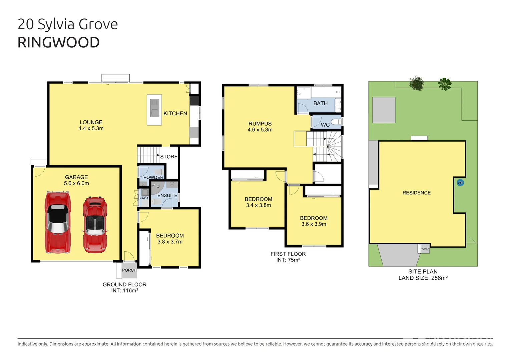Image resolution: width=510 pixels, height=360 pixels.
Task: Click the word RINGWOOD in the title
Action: pos(58,43)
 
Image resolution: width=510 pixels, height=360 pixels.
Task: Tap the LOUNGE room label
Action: pos(91,122)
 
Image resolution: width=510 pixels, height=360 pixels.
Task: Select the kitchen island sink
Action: pos(154,108)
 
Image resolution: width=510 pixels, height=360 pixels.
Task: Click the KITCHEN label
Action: pos(175,114)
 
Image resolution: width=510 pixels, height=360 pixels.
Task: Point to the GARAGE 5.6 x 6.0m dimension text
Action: pos(76,183)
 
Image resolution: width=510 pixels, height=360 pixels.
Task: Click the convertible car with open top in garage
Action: pos(95,225)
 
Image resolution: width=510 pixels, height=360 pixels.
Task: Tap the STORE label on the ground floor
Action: pos(169,157)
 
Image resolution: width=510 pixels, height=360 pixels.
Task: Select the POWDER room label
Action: pos(153,177)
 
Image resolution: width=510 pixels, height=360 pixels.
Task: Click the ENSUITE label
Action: pos(167,195)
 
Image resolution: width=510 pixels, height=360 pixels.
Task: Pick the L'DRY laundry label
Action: pos(144,198)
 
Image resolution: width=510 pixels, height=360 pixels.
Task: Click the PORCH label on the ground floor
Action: pos(129,270)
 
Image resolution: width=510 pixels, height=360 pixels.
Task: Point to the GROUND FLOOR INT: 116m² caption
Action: pos(124,287)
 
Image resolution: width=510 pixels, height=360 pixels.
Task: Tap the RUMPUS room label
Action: pos(260,124)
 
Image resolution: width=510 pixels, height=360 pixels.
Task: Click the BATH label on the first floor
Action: pos(320,103)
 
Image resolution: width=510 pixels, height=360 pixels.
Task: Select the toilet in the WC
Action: pos(336,122)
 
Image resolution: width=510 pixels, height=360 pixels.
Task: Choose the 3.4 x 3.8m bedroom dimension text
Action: pos(259,205)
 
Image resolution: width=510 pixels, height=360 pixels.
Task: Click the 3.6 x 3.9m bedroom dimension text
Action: pos(314,224)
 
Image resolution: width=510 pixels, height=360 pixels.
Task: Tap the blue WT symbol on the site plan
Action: pos(460,183)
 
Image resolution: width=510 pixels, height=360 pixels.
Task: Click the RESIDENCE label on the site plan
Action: pos(416,193)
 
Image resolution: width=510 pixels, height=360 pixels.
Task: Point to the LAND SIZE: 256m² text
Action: pos(423,278)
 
